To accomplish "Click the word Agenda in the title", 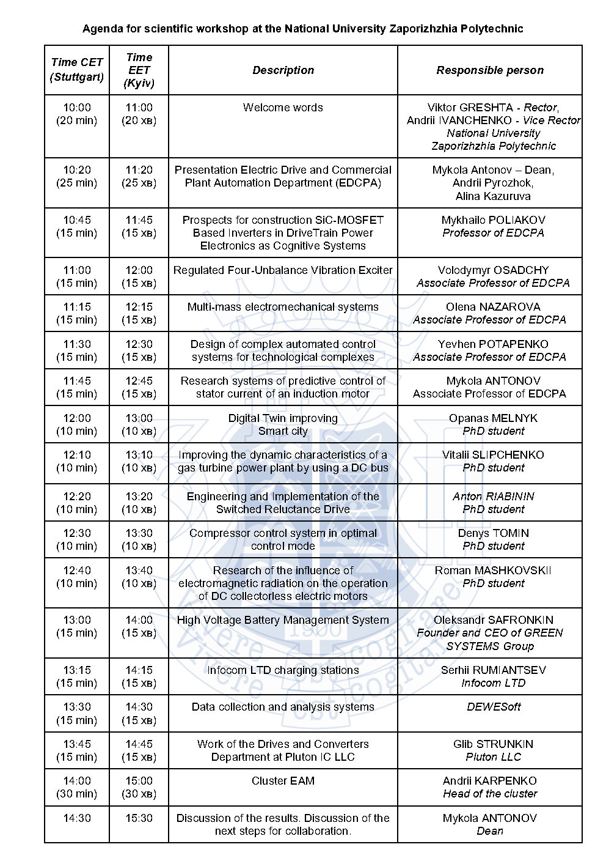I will pyautogui.click(x=101, y=29).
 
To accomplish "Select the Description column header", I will pyautogui.click(x=283, y=70).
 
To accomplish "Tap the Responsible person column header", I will pyautogui.click(x=490, y=70).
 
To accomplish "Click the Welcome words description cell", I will pyautogui.click(x=283, y=108).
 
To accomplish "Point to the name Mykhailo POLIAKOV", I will pyautogui.click(x=493, y=220).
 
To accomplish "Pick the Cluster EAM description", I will pyautogui.click(x=283, y=781).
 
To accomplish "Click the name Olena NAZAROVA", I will pyautogui.click(x=493, y=307).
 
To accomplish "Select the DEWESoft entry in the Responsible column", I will pyautogui.click(x=493, y=707).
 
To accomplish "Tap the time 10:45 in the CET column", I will pyautogui.click(x=77, y=220).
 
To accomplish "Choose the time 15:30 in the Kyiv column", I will pyautogui.click(x=139, y=818).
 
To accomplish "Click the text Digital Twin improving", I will pyautogui.click(x=283, y=418).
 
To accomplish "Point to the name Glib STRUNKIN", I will pyautogui.click(x=493, y=744).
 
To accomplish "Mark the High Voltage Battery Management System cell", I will pyautogui.click(x=283, y=620).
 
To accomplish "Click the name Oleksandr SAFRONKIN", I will pyautogui.click(x=493, y=620).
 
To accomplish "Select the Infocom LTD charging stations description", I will pyautogui.click(x=283, y=670).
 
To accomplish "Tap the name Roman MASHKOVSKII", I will pyautogui.click(x=493, y=571).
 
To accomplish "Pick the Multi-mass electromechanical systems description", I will pyautogui.click(x=283, y=307).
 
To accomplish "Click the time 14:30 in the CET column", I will pyautogui.click(x=77, y=818).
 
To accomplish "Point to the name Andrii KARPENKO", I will pyautogui.click(x=490, y=781).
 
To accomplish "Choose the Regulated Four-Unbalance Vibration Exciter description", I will pyautogui.click(x=283, y=270).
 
